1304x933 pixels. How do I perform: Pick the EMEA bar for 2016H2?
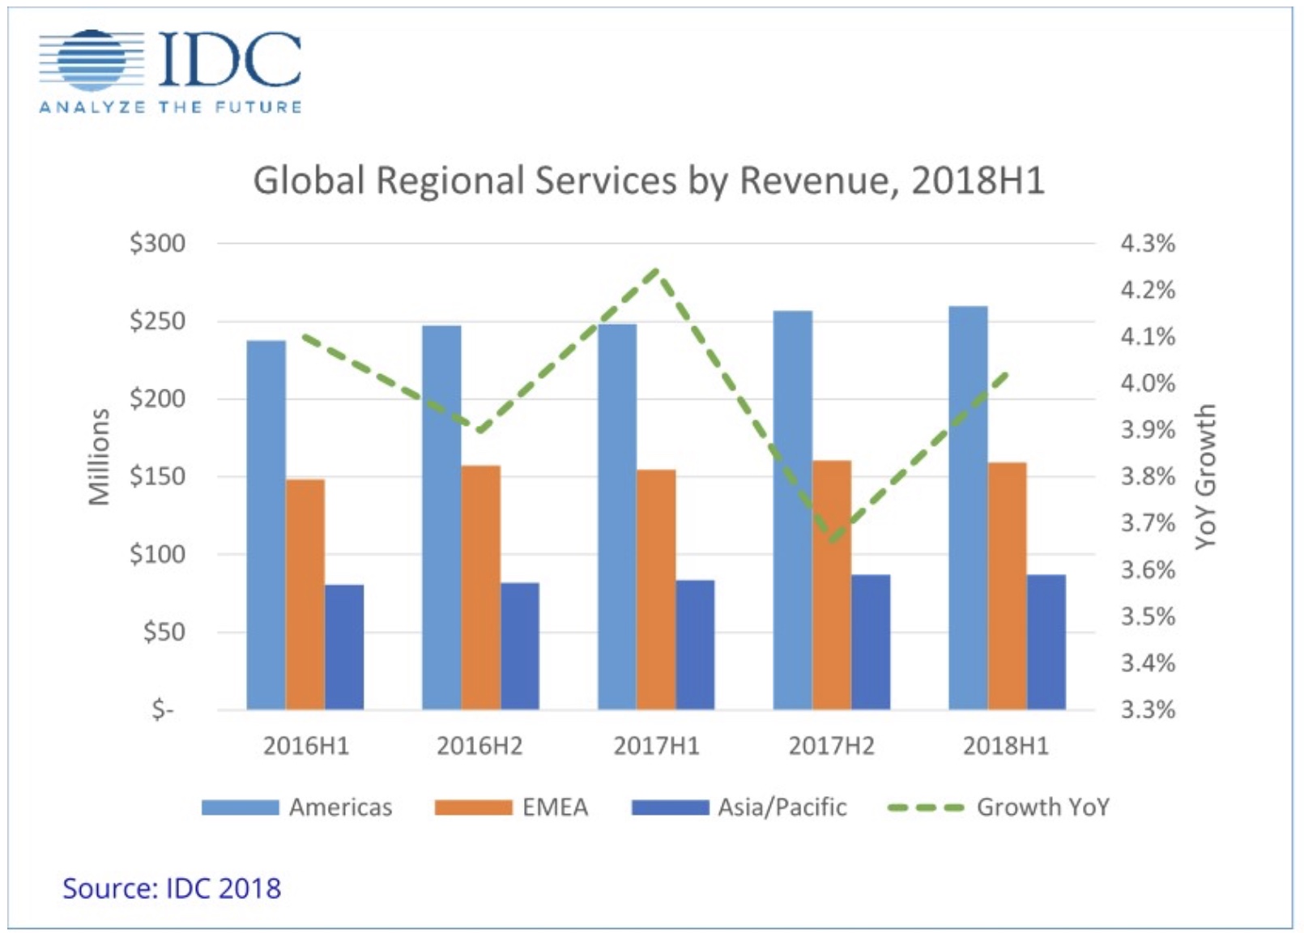coord(481,587)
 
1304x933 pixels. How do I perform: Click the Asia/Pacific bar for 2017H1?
coord(695,645)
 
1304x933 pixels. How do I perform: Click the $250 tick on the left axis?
coord(157,322)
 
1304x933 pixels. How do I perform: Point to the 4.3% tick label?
coord(1148,243)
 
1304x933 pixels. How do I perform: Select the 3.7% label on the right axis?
coord(1148,523)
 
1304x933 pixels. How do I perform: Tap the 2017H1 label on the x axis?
coord(656,746)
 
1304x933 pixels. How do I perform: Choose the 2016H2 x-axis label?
coord(479,746)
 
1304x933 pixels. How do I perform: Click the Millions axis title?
coord(99,458)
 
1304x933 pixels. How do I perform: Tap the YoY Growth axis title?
coord(1206,476)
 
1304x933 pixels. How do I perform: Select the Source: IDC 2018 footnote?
coord(172,888)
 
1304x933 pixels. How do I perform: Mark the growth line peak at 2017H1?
coord(657,271)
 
